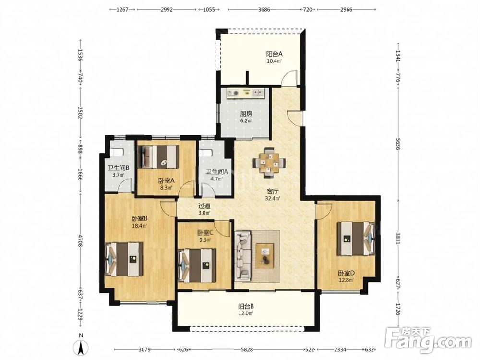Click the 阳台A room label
tap(274, 54)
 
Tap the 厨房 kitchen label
tap(246, 114)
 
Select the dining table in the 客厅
tap(269, 163)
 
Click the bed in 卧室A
tap(159, 157)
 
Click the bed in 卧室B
tap(124, 259)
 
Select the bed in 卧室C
tap(197, 265)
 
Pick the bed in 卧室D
tap(356, 239)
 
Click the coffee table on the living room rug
tap(265, 256)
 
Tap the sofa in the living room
tap(243, 256)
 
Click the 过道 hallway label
tap(204, 206)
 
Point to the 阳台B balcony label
tap(246, 306)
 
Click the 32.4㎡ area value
tap(273, 198)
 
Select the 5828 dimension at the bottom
tap(247, 349)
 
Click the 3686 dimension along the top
tap(264, 10)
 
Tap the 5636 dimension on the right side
tap(398, 144)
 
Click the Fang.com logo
tap(429, 340)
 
